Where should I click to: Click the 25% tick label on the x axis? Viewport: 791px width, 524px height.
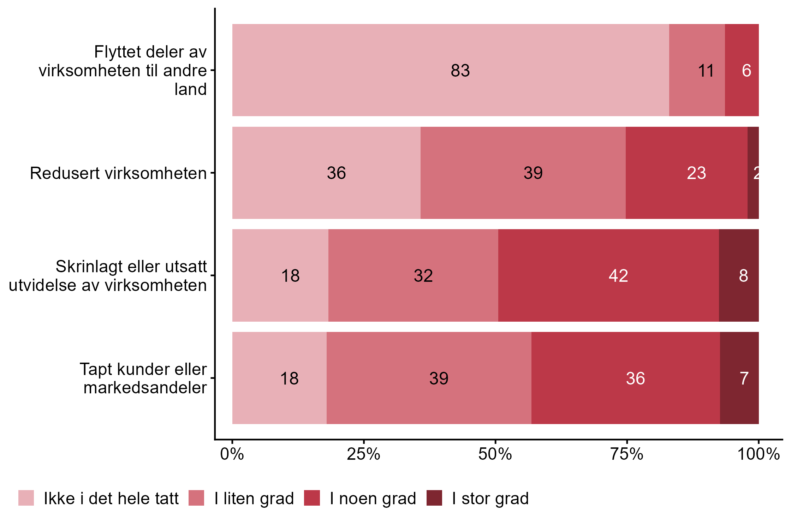tap(363, 454)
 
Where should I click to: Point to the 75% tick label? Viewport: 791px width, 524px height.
tap(627, 454)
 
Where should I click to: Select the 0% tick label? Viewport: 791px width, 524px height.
tap(232, 454)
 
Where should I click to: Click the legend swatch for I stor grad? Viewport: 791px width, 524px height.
tap(434, 498)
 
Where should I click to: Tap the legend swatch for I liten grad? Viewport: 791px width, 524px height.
tap(196, 498)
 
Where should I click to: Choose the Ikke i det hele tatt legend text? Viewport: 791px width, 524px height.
tap(111, 499)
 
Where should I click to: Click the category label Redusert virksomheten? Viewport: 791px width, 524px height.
tap(118, 173)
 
